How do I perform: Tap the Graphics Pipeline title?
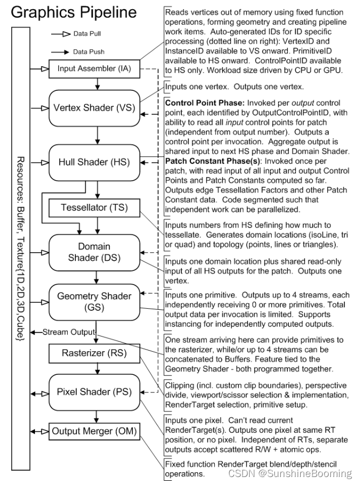coord(74,12)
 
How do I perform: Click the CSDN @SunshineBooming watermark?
coord(290,474)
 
